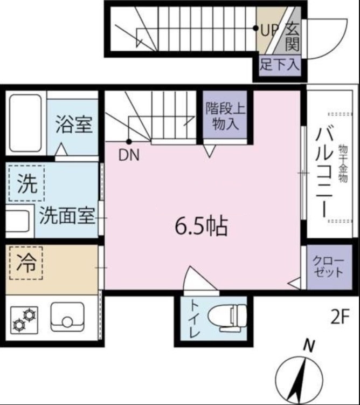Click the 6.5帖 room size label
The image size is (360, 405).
point(202,227)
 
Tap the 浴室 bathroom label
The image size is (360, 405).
point(74,125)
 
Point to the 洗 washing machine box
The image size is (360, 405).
point(26,184)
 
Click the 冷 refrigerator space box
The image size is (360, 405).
point(26,264)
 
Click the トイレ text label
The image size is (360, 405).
point(193,318)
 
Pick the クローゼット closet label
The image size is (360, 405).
point(328,266)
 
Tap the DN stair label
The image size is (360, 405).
point(129,156)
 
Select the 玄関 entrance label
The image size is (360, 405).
point(292,35)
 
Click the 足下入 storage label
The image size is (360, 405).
point(279,66)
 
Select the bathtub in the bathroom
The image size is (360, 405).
point(25,123)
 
